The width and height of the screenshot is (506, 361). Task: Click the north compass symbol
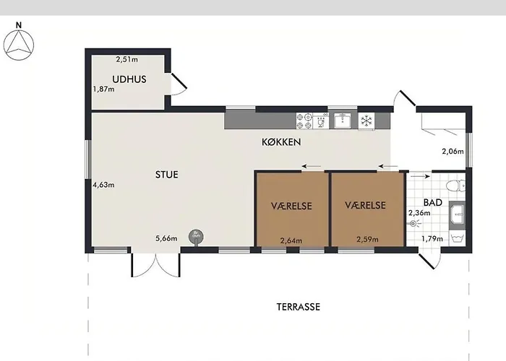tap(18, 45)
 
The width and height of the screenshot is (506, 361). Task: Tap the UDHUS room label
tap(129, 79)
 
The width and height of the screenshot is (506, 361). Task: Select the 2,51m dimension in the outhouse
tap(126, 59)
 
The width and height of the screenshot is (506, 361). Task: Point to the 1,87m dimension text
tap(103, 89)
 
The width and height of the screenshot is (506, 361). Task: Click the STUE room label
tap(166, 175)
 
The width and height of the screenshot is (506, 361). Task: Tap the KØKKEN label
tap(281, 142)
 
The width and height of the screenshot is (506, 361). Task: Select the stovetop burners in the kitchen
tap(304, 121)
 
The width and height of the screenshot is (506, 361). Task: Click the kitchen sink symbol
tap(343, 121)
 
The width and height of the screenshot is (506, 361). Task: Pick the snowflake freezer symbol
tap(366, 121)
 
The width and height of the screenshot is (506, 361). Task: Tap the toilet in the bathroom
tap(455, 186)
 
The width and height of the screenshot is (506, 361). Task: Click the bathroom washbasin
tap(458, 214)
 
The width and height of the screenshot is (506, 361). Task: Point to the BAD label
tap(432, 202)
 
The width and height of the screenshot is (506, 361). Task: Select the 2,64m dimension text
tap(291, 240)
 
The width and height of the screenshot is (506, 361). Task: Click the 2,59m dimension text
tap(367, 240)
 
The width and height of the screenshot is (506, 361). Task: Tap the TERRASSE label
tap(298, 307)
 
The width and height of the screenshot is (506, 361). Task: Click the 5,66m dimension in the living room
tap(166, 238)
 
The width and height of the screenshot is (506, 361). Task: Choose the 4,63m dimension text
tap(103, 185)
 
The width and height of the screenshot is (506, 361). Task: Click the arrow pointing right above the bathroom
tap(420, 176)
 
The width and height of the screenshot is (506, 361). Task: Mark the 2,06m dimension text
tap(453, 151)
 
